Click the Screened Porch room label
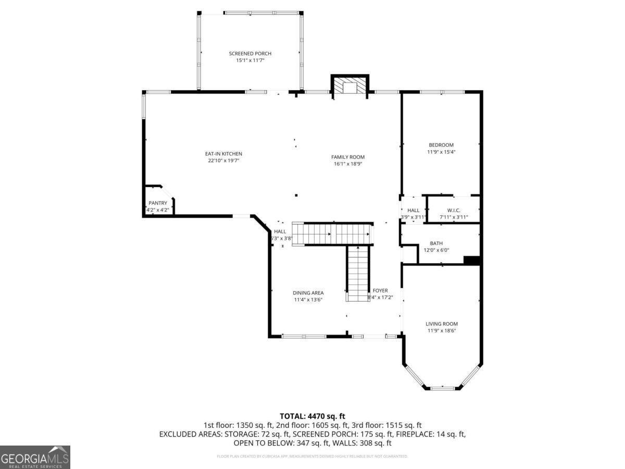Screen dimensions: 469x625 pos(250,54)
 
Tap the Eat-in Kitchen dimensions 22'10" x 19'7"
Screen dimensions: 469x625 pos(223,161)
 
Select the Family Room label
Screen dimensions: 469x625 pos(348,157)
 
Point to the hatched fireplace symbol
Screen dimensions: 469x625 pos(349,87)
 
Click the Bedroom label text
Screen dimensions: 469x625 pos(441,145)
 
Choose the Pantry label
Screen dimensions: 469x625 pos(158,203)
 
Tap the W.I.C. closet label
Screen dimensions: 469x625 pos(454,210)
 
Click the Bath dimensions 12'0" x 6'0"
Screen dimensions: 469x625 pos(436,250)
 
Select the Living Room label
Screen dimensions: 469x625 pos(442,324)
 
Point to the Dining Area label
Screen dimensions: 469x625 pos(308,293)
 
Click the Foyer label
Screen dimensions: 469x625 pos(380,291)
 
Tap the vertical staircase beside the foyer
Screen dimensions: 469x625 pos(358,273)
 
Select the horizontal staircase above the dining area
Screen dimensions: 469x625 pos(332,233)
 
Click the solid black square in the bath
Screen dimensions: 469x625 pos(471,261)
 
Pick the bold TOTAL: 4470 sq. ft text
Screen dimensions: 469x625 pos(312,416)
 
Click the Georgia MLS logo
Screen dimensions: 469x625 pos(35,457)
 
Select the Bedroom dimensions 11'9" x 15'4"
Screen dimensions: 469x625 pos(441,152)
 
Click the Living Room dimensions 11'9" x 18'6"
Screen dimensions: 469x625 pos(442,330)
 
